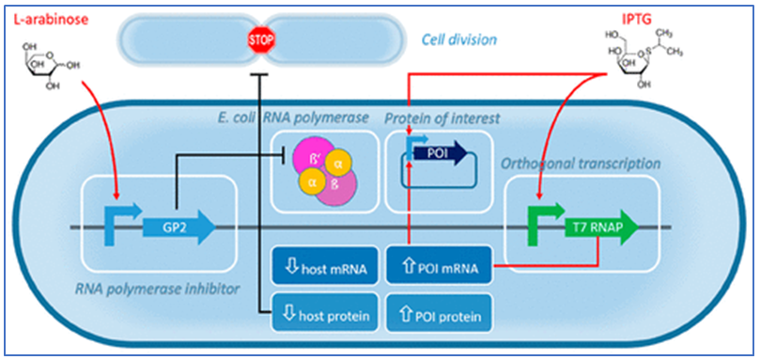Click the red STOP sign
[x=257, y=39]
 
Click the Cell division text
[x=459, y=39]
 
